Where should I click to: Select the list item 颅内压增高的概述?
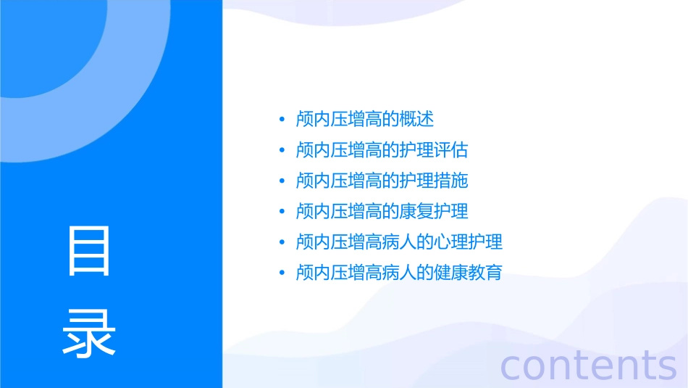click(365, 120)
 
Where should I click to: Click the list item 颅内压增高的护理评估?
click(382, 150)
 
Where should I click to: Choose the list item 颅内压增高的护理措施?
click(382, 181)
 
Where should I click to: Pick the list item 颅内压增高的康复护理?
click(382, 211)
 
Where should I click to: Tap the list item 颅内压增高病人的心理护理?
click(399, 242)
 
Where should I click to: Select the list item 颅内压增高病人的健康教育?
click(399, 273)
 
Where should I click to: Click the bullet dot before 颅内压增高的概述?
click(282, 120)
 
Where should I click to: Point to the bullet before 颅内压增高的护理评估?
click(282, 150)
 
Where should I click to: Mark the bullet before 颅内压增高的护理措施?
click(282, 181)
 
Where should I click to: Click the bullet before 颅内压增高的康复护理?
click(282, 211)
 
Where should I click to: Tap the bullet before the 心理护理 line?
click(282, 242)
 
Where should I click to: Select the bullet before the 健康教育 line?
click(282, 273)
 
